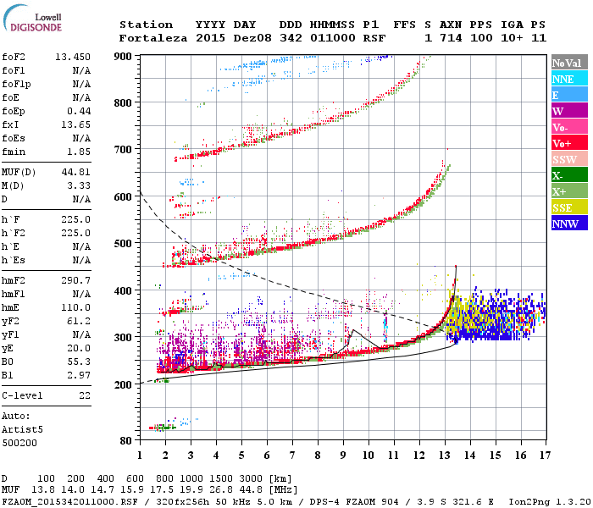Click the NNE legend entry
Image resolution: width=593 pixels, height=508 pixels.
pyautogui.click(x=568, y=79)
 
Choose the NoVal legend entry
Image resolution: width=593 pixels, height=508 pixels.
pyautogui.click(x=568, y=63)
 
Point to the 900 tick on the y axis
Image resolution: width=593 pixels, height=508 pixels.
pyautogui.click(x=124, y=57)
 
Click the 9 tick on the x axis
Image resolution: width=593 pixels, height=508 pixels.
pyautogui.click(x=343, y=455)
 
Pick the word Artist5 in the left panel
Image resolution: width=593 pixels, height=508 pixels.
pyautogui.click(x=23, y=429)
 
